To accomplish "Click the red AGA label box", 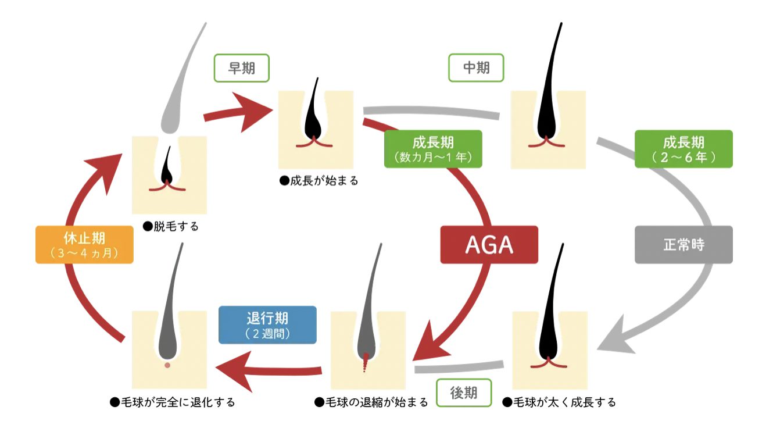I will tap(489, 245).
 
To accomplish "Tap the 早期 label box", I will tap(242, 68).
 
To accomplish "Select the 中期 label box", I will tap(476, 68).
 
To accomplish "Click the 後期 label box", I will tap(463, 393).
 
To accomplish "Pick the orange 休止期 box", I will tap(85, 245).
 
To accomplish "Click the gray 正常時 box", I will tap(683, 245).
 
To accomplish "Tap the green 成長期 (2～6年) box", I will tap(683, 149).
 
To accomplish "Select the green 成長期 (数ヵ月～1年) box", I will tap(433, 149).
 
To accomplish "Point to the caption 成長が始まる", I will tap(319, 181).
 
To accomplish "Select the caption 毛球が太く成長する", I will tap(559, 402).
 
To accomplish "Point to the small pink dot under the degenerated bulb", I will tap(167, 365).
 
